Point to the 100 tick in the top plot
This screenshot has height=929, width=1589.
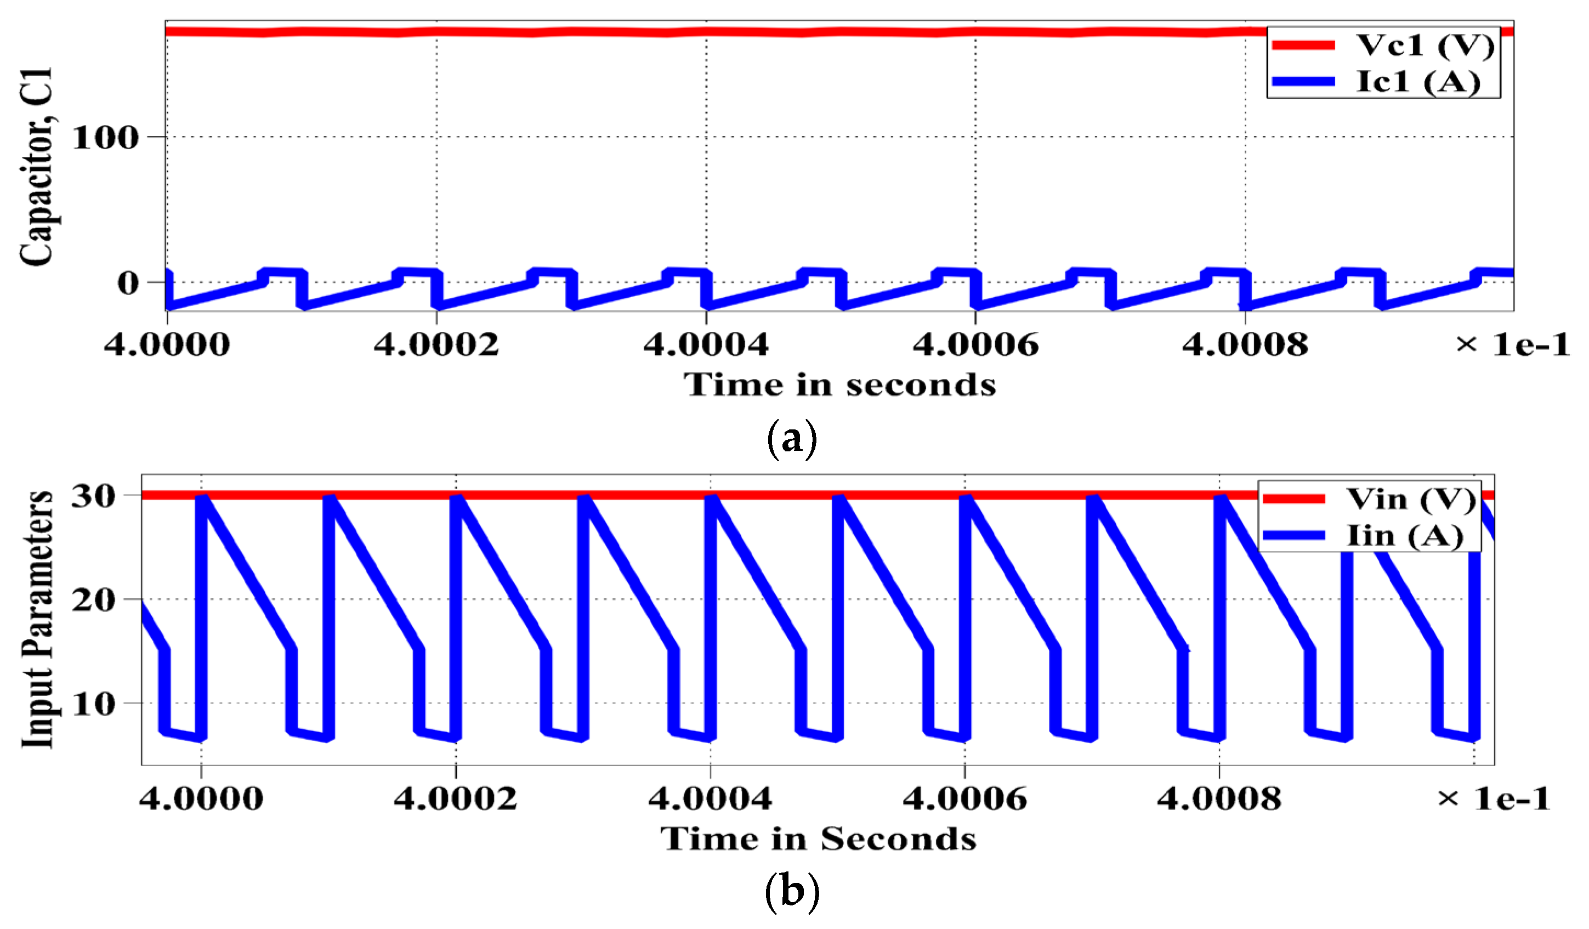(105, 138)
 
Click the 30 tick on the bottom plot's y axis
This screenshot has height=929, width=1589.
(93, 496)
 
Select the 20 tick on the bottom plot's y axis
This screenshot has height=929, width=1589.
(93, 600)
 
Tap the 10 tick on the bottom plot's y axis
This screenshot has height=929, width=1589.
(93, 704)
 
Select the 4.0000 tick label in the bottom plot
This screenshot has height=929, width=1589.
(201, 799)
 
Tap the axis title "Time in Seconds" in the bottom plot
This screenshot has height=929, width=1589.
(819, 839)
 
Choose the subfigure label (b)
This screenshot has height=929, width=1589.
(791, 892)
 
